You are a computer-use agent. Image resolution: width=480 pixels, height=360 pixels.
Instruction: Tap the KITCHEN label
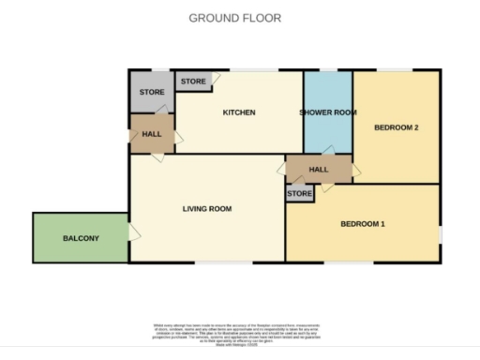pos(239,113)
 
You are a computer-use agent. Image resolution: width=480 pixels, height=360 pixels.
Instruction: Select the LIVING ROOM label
pos(207,208)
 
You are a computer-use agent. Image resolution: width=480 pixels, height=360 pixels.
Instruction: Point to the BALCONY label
pos(81,239)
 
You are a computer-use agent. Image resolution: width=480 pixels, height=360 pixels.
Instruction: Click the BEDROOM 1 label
pos(363,224)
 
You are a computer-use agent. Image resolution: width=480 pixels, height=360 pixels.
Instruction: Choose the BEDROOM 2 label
pos(396,127)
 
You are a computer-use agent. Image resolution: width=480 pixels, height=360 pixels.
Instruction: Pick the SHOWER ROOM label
pos(328,113)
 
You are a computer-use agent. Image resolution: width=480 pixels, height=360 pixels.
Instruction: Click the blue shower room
pos(328,136)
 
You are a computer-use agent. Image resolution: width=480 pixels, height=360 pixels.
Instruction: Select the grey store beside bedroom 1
pos(300,194)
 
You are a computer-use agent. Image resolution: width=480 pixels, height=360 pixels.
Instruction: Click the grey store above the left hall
pos(152,93)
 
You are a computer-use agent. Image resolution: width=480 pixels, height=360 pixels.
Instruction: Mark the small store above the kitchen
pos(193,82)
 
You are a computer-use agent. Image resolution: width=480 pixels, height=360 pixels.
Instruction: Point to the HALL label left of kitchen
pos(152,135)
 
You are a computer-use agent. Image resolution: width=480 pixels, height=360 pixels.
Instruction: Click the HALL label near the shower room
pos(319,170)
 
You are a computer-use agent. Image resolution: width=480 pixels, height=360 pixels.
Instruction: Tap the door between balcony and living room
pos(134,231)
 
